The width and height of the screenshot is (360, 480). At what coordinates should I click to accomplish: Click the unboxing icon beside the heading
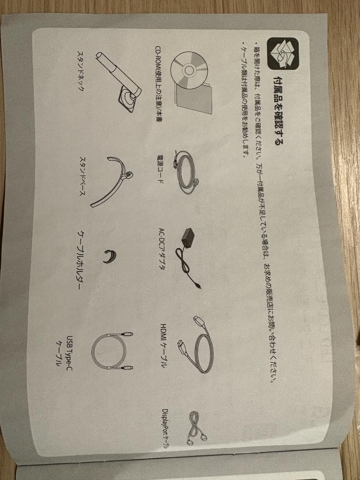(x=283, y=54)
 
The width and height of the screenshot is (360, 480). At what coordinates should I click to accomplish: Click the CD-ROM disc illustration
(x=189, y=70)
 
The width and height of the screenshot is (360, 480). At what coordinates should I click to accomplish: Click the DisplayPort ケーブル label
(x=166, y=428)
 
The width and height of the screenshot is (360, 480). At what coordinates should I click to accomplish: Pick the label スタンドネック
(x=80, y=70)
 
